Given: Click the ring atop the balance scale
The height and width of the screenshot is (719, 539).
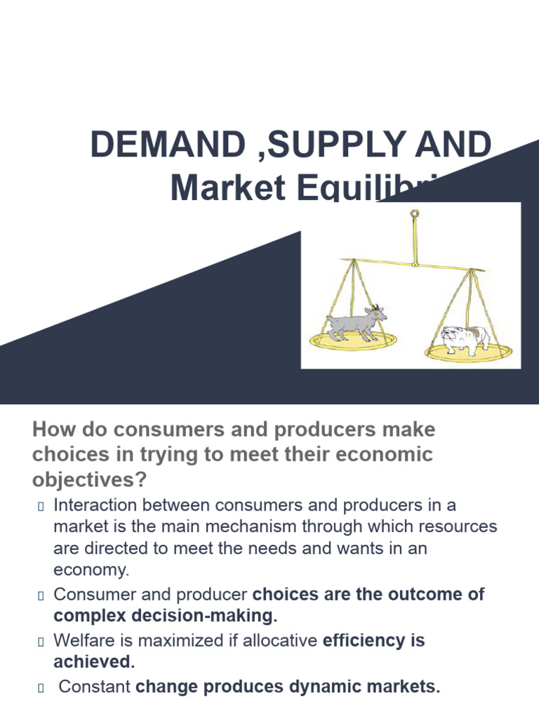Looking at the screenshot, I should [x=415, y=214].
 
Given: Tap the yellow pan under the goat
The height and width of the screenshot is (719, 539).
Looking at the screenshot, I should [x=354, y=341].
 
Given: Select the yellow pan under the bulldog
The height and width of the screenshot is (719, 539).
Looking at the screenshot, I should [x=469, y=349].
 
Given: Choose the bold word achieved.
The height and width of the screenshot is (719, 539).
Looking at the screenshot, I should [x=93, y=662].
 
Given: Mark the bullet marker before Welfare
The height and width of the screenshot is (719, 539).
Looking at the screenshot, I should [x=40, y=642].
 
